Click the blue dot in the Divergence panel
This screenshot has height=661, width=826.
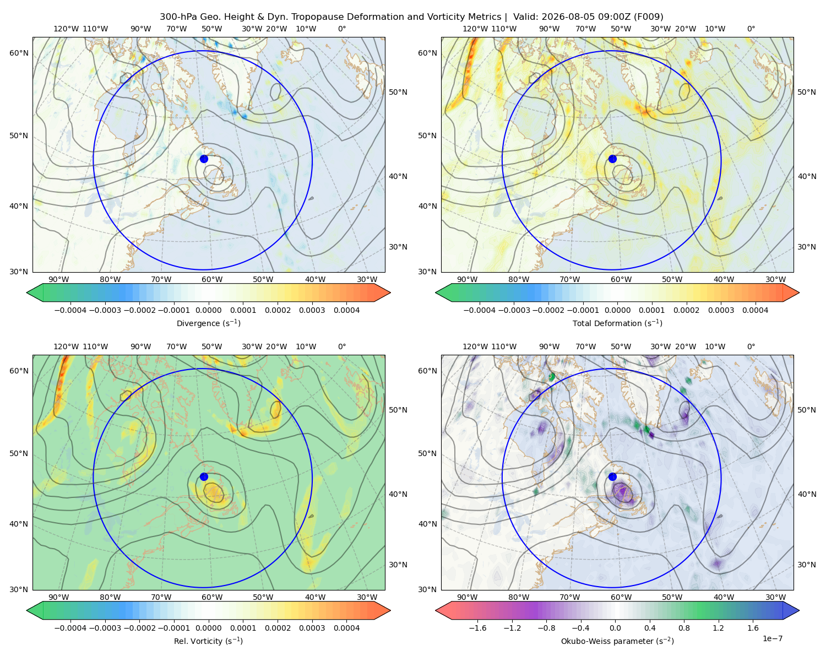click(204, 159)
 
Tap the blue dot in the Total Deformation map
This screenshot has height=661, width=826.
click(612, 159)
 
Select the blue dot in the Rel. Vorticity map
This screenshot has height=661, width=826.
click(204, 476)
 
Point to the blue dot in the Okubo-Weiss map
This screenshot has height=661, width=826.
click(612, 476)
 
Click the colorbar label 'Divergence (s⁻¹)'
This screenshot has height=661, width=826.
click(208, 323)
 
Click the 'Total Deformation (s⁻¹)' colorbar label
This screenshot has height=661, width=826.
click(617, 323)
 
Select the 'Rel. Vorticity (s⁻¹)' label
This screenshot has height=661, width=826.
click(208, 641)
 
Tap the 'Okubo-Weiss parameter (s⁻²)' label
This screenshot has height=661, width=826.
click(617, 641)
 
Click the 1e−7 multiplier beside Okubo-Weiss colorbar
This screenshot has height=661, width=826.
click(772, 638)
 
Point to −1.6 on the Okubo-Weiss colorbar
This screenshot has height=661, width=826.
click(477, 627)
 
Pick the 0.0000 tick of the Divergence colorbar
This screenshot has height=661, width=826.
click(208, 310)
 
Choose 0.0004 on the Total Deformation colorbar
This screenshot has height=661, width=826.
click(755, 310)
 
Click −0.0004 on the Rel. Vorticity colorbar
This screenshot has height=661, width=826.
click(70, 627)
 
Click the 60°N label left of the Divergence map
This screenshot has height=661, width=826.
click(19, 53)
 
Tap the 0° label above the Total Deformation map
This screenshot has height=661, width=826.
click(751, 29)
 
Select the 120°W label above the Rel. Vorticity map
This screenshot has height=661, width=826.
click(66, 346)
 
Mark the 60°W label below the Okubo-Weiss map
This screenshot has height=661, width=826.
click(621, 597)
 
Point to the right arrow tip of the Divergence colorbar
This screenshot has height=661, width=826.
click(390, 292)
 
